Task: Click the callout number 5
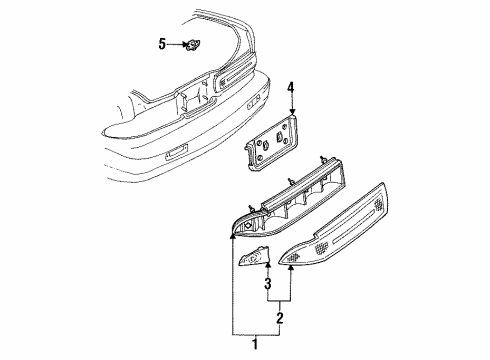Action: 161,44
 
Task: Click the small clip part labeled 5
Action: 192,44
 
